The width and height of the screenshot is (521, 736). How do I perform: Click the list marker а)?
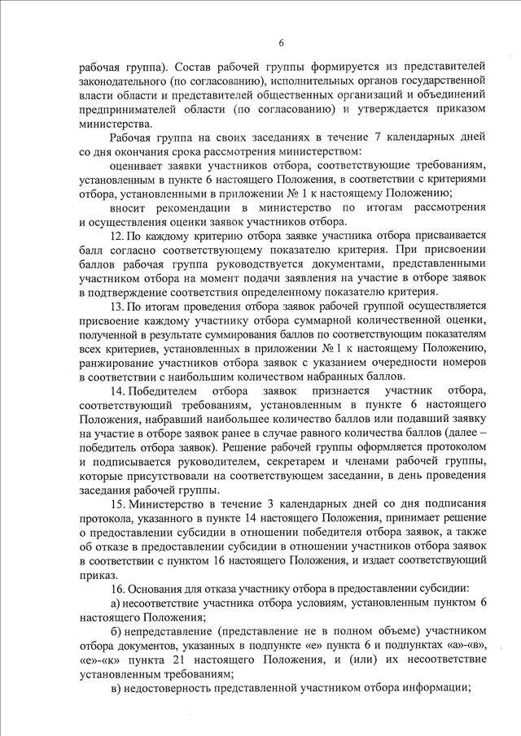[x=115, y=602]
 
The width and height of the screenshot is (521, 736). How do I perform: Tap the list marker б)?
[x=115, y=632]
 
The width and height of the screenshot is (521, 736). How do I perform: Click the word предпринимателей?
[x=129, y=109]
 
